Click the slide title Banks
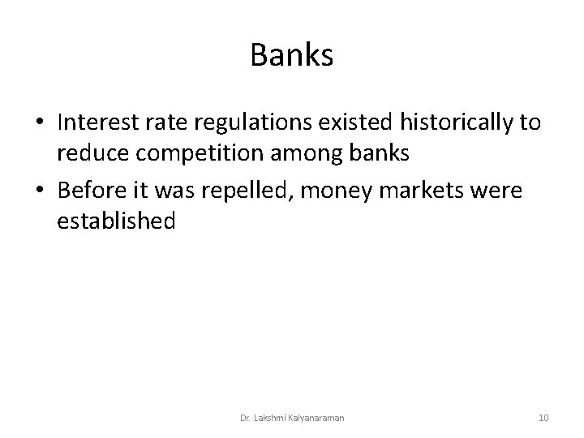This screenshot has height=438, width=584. click(292, 55)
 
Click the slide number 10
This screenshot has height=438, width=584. click(543, 418)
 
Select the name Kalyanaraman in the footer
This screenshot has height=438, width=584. click(318, 418)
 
